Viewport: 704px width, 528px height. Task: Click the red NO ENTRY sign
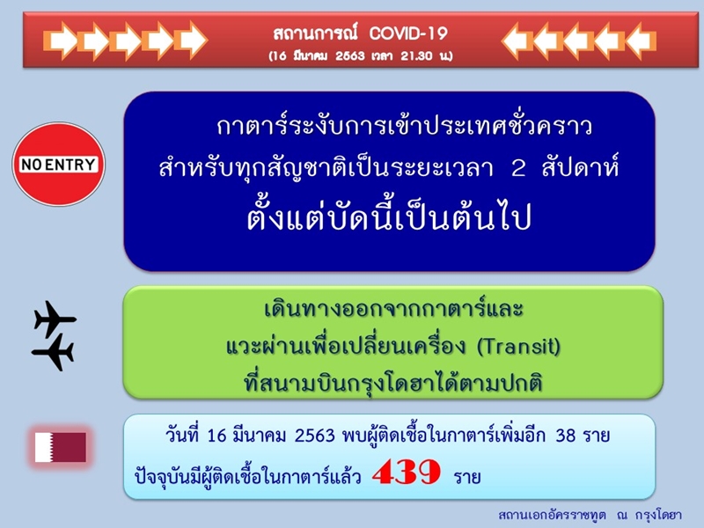pyautogui.click(x=59, y=165)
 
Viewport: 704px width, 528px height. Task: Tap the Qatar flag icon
pyautogui.click(x=61, y=447)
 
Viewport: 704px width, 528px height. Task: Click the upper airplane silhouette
pyautogui.click(x=55, y=319)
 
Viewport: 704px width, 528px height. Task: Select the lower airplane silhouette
pyautogui.click(x=53, y=353)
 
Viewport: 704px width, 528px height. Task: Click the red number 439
pyautogui.click(x=407, y=473)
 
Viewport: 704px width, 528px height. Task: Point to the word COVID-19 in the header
pyautogui.click(x=408, y=33)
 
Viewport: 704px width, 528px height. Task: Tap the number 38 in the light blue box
pyautogui.click(x=566, y=435)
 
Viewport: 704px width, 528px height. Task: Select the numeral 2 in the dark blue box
pyautogui.click(x=518, y=169)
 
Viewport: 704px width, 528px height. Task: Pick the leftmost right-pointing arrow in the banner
pyautogui.click(x=60, y=40)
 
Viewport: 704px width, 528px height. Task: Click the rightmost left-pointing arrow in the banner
pyautogui.click(x=641, y=40)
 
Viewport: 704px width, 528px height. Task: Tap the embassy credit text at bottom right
pyautogui.click(x=590, y=515)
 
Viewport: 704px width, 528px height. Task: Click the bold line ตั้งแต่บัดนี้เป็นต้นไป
pyautogui.click(x=389, y=216)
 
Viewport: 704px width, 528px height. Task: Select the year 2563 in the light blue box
pyautogui.click(x=315, y=436)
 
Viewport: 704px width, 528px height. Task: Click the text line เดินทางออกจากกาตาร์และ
pyautogui.click(x=393, y=309)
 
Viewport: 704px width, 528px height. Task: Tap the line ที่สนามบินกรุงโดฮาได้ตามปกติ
pyautogui.click(x=393, y=383)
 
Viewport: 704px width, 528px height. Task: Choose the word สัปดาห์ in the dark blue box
pyautogui.click(x=581, y=167)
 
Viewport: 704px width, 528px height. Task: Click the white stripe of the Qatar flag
pyautogui.click(x=44, y=447)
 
